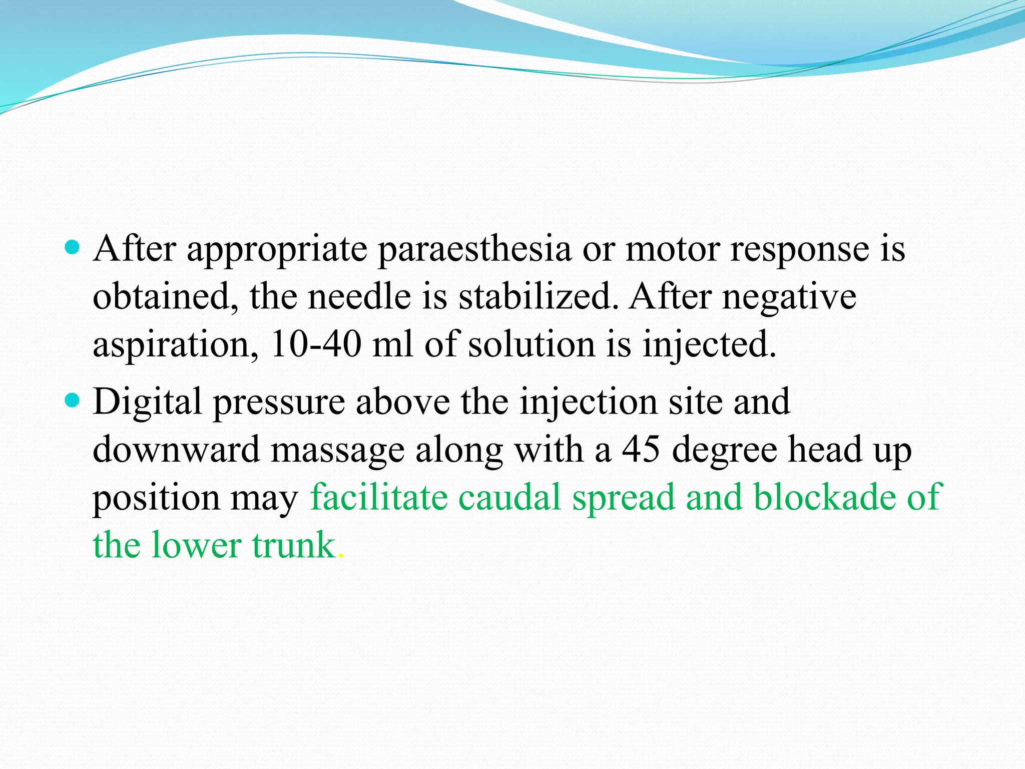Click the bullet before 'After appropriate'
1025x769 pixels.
click(x=73, y=247)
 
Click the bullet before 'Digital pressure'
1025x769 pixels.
click(x=73, y=400)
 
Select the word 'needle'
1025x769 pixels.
click(x=359, y=296)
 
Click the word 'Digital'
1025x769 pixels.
click(x=147, y=403)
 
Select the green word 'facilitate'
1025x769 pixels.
click(x=379, y=497)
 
